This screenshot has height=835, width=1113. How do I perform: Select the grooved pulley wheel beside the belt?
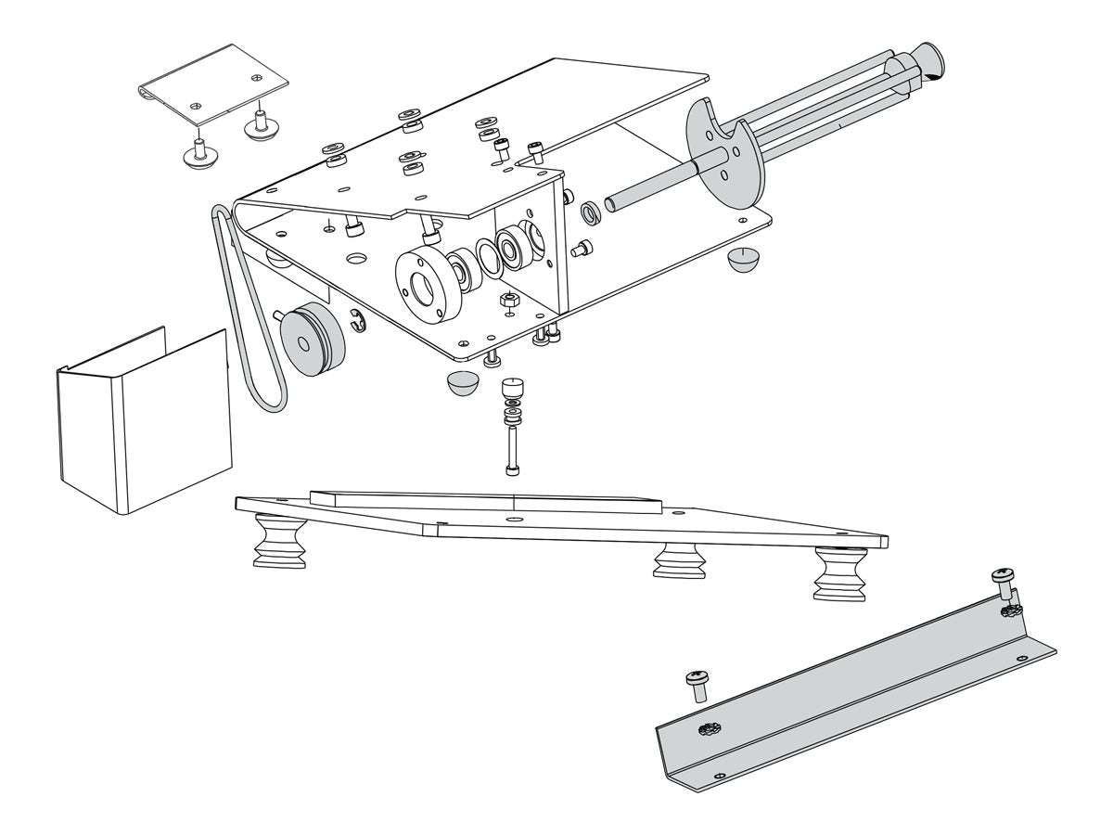[311, 339]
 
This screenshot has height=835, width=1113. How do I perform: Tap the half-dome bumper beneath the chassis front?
[462, 382]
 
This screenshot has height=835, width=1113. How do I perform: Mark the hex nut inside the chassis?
[508, 300]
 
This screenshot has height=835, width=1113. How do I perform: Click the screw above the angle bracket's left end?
[697, 685]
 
